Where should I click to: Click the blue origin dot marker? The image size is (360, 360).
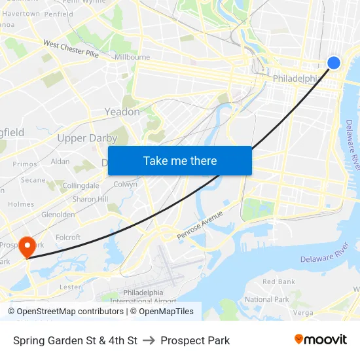pyautogui.click(x=333, y=62)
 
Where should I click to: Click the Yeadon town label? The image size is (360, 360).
pyautogui.click(x=122, y=112)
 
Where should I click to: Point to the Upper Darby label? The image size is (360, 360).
pyautogui.click(x=87, y=138)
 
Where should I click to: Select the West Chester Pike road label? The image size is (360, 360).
pyautogui.click(x=71, y=49)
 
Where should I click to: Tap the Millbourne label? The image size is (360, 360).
pyautogui.click(x=132, y=58)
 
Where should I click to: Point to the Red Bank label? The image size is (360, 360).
pyautogui.click(x=279, y=281)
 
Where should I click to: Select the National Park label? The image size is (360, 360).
pyautogui.click(x=267, y=299)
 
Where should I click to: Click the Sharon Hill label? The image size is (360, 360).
pyautogui.click(x=90, y=199)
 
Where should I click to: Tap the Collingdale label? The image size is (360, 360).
pyautogui.click(x=81, y=186)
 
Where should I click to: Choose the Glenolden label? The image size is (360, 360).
pyautogui.click(x=58, y=214)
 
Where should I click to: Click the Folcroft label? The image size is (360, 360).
pyautogui.click(x=68, y=238)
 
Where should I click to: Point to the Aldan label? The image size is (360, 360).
pyautogui.click(x=60, y=161)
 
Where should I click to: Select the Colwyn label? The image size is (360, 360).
pyautogui.click(x=126, y=185)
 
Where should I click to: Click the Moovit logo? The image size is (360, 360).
pyautogui.click(x=321, y=340)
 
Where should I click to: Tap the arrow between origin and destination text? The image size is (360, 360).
pyautogui.click(x=149, y=340)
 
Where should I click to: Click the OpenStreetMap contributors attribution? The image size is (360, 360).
pyautogui.click(x=65, y=312)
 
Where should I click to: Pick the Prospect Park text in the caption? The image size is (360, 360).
pyautogui.click(x=195, y=340)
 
